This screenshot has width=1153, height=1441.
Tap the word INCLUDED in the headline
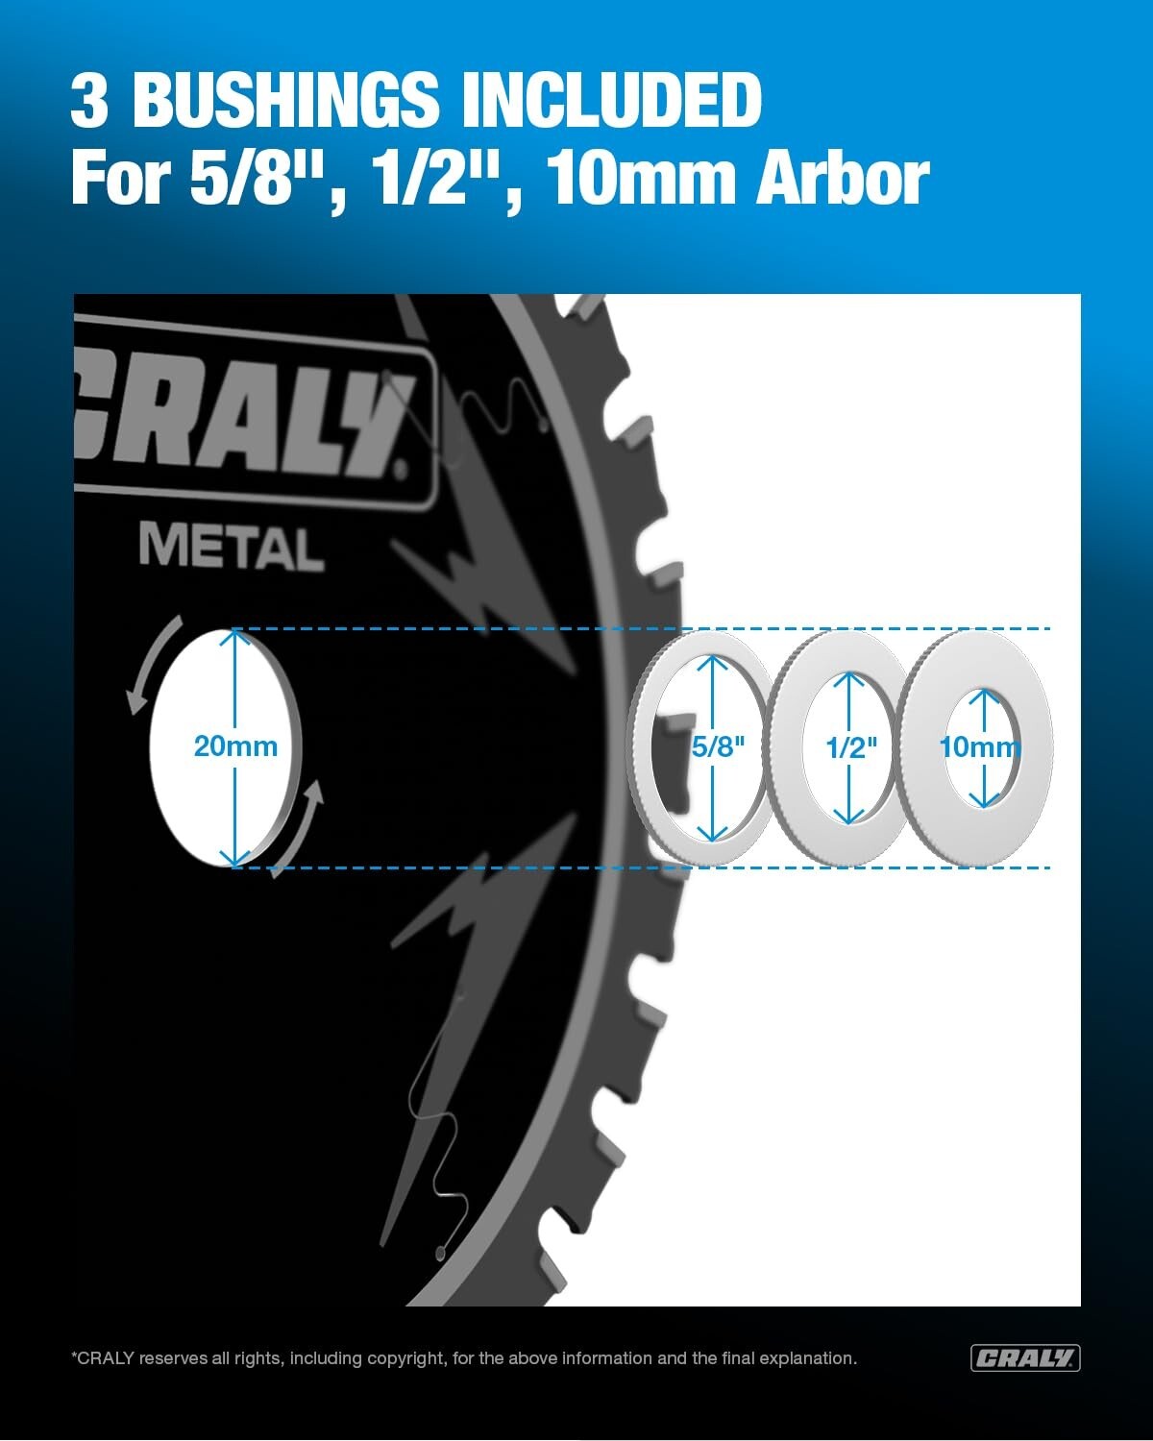612,100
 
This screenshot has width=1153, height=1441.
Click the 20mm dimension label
235,746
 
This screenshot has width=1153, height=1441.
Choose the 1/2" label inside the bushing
851,747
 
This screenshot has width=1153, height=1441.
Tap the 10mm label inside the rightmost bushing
979,746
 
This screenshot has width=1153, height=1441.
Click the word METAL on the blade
231,548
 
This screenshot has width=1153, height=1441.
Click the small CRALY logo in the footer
1024,1357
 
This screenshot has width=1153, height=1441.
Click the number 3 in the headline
89,100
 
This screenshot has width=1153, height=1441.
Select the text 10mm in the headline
643,179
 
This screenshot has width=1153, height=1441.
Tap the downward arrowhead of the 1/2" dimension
849,816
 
